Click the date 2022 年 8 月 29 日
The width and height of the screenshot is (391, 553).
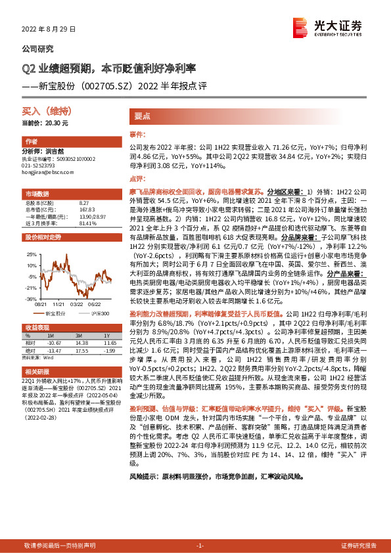[x=49, y=30]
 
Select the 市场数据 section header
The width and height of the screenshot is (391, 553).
[x=37, y=194]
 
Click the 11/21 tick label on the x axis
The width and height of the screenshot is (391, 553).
[x=59, y=303]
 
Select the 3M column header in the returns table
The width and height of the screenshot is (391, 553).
[x=81, y=336]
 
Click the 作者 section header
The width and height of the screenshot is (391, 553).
[x=31, y=142]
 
